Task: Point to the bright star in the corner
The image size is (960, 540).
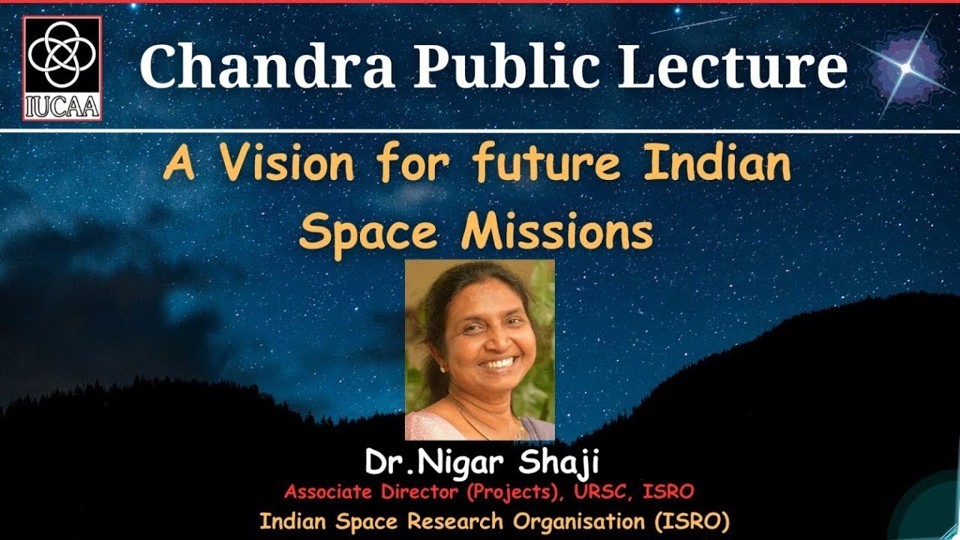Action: (906, 67)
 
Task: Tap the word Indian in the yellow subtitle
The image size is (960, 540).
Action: (718, 165)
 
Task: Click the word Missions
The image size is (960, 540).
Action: (556, 232)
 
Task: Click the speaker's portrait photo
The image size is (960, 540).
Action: (480, 349)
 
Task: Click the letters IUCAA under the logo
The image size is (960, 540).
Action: (62, 109)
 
